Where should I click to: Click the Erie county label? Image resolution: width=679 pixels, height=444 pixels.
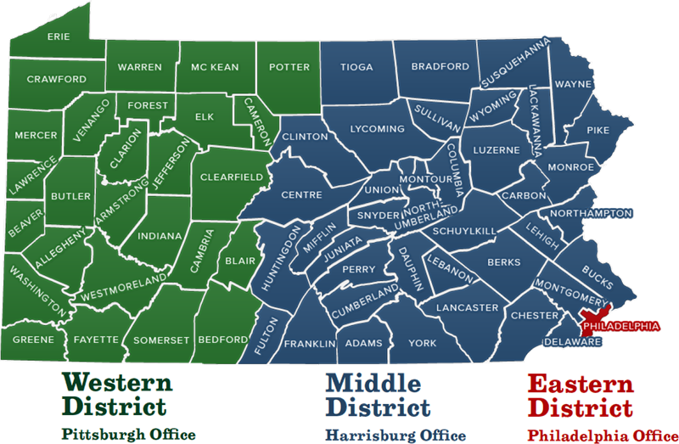click(58, 36)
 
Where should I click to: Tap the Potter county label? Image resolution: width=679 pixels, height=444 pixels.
click(289, 66)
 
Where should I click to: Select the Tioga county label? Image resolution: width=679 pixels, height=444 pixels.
click(356, 66)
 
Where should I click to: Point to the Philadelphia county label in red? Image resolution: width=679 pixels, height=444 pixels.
click(620, 325)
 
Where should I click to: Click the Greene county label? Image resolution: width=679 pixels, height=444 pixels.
click(33, 340)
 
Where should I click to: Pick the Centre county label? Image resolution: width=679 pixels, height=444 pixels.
click(300, 195)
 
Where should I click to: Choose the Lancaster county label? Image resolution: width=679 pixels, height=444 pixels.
click(467, 307)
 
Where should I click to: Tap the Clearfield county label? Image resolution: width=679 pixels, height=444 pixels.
click(232, 177)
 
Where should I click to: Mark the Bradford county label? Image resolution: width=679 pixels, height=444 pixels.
click(440, 66)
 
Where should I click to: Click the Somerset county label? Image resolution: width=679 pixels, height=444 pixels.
click(161, 340)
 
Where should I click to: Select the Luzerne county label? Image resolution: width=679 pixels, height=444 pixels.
click(496, 149)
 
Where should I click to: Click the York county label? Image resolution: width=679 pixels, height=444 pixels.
click(422, 343)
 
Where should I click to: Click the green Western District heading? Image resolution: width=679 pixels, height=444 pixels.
click(117, 392)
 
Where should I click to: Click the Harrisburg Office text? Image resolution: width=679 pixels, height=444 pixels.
click(395, 436)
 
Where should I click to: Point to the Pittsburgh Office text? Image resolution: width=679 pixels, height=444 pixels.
click(128, 434)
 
